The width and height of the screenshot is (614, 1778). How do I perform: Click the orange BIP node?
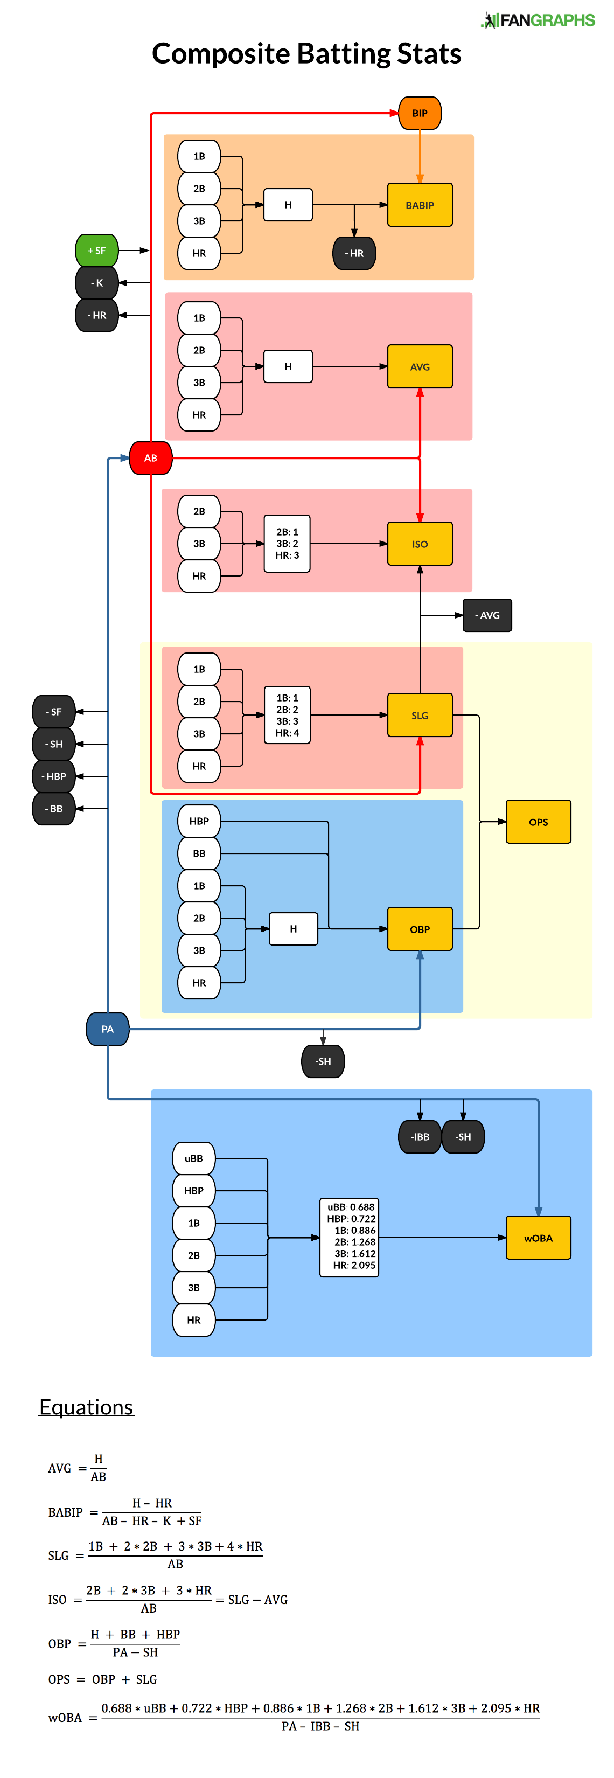pos(420,113)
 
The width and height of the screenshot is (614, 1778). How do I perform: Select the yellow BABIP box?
pos(420,205)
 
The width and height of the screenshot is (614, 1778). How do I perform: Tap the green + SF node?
pos(96,251)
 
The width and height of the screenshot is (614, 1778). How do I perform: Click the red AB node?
pos(150,457)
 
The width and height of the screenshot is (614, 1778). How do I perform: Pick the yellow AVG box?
pos(420,366)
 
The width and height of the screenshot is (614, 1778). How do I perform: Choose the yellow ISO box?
pos(420,544)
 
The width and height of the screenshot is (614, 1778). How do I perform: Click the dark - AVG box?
pos(487,615)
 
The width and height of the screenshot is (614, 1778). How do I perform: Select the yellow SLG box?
pos(420,715)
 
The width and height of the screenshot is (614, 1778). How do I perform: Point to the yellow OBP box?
pos(420,929)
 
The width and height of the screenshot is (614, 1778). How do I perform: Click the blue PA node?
pos(108,1029)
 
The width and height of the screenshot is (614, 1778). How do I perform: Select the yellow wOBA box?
pos(538,1238)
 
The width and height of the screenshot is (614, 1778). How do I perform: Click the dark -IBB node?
pos(420,1137)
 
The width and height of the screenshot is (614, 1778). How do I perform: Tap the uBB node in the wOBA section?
pos(194,1158)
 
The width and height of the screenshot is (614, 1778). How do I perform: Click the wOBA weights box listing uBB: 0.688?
pos(349,1238)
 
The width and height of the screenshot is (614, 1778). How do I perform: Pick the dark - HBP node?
pos(54,776)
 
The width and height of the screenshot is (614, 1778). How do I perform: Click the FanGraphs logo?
pos(538,20)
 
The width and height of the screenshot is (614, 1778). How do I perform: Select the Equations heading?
pos(86,1407)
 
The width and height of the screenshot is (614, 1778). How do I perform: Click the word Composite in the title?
pos(221,54)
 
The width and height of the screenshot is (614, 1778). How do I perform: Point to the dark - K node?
pos(96,283)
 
